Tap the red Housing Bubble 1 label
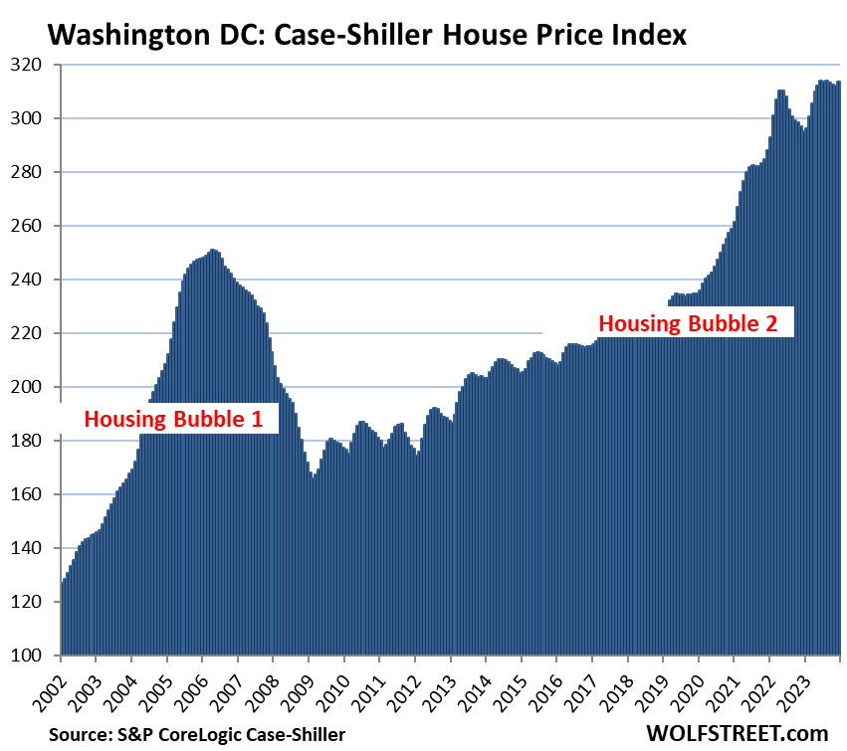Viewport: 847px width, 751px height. click(x=173, y=419)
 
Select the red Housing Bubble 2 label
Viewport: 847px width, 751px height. click(x=695, y=323)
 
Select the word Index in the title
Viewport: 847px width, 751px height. click(x=650, y=36)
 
